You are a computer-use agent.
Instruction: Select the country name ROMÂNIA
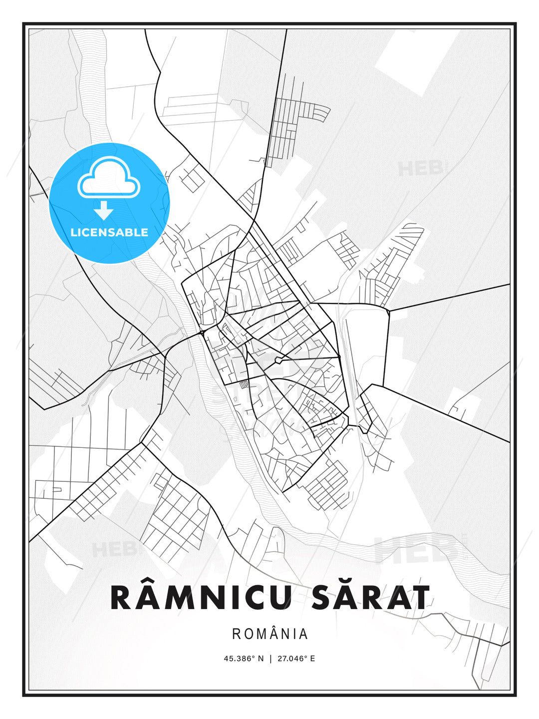pyautogui.click(x=269, y=634)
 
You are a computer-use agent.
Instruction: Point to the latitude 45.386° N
pyautogui.click(x=243, y=658)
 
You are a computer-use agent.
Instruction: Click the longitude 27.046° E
pyautogui.click(x=296, y=658)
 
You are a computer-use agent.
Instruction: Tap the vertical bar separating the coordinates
pyautogui.click(x=270, y=658)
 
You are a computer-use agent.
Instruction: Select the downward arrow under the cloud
pyautogui.click(x=104, y=211)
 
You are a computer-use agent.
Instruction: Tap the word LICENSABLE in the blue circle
pyautogui.click(x=109, y=232)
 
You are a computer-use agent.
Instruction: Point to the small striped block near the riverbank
pyautogui.click(x=244, y=384)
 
